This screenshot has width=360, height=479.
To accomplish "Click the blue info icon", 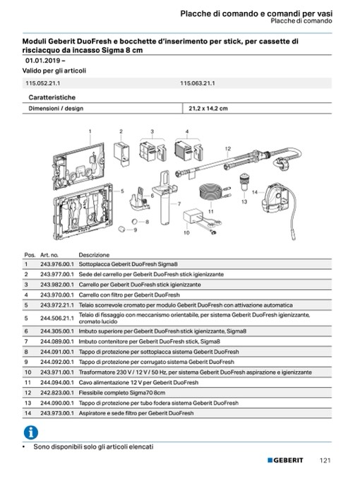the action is [x=31, y=432].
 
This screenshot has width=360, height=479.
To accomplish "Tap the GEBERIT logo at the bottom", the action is [x=285, y=460].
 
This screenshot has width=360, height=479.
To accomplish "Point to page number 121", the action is [x=325, y=461].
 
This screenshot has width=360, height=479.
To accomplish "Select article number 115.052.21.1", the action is [x=43, y=83].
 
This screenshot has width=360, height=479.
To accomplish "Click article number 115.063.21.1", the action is [x=197, y=83].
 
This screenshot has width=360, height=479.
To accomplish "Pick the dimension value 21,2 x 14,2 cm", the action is [x=208, y=109].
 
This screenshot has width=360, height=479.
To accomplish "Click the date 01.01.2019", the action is [x=43, y=61].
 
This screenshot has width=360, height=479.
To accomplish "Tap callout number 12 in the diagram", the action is [x=228, y=149].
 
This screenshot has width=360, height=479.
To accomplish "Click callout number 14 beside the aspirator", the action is [x=255, y=192].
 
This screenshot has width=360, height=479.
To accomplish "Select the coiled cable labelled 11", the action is [x=210, y=192].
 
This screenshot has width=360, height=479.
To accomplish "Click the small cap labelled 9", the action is [x=122, y=229].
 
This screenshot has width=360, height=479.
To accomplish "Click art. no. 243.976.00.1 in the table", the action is [x=57, y=264].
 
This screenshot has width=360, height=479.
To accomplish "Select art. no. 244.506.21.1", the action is [x=57, y=319].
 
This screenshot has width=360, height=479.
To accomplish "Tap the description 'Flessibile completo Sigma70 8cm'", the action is [x=122, y=393].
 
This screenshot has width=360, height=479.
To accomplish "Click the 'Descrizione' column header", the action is [x=94, y=255].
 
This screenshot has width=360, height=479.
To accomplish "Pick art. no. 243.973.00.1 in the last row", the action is [x=57, y=413].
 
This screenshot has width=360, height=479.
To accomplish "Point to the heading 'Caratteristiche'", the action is [x=52, y=97].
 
